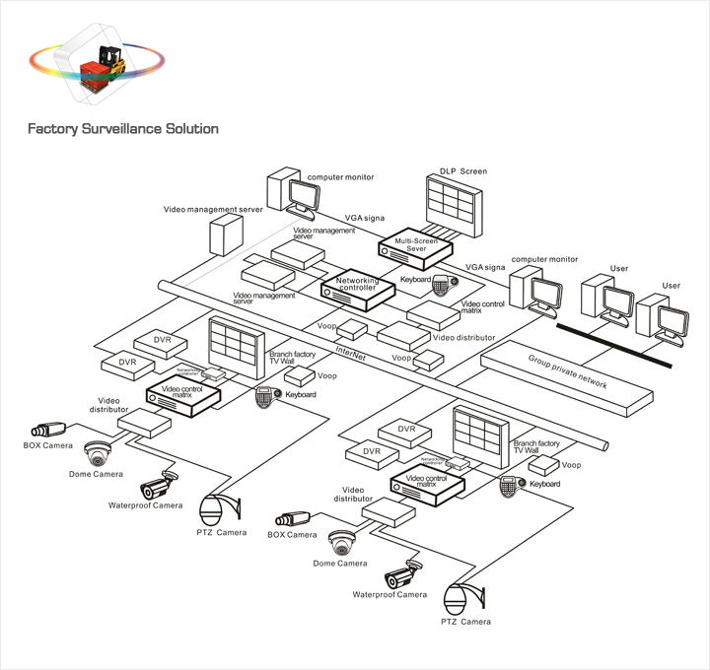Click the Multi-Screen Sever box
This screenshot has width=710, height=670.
pos(413,243)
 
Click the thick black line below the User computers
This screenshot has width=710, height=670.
pos(614,345)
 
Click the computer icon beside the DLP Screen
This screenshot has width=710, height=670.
pos(289,194)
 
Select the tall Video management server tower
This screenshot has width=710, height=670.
pos(226,237)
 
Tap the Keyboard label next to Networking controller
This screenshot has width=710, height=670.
pos(415,280)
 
